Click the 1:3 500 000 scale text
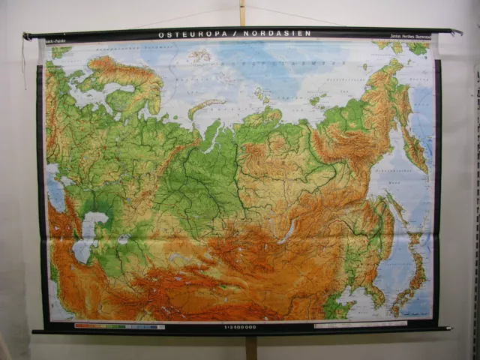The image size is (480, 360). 240,326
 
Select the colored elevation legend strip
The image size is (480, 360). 119,326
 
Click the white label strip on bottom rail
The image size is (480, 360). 360,325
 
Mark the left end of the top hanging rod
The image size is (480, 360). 28,35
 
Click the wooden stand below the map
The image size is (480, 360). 251,346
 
